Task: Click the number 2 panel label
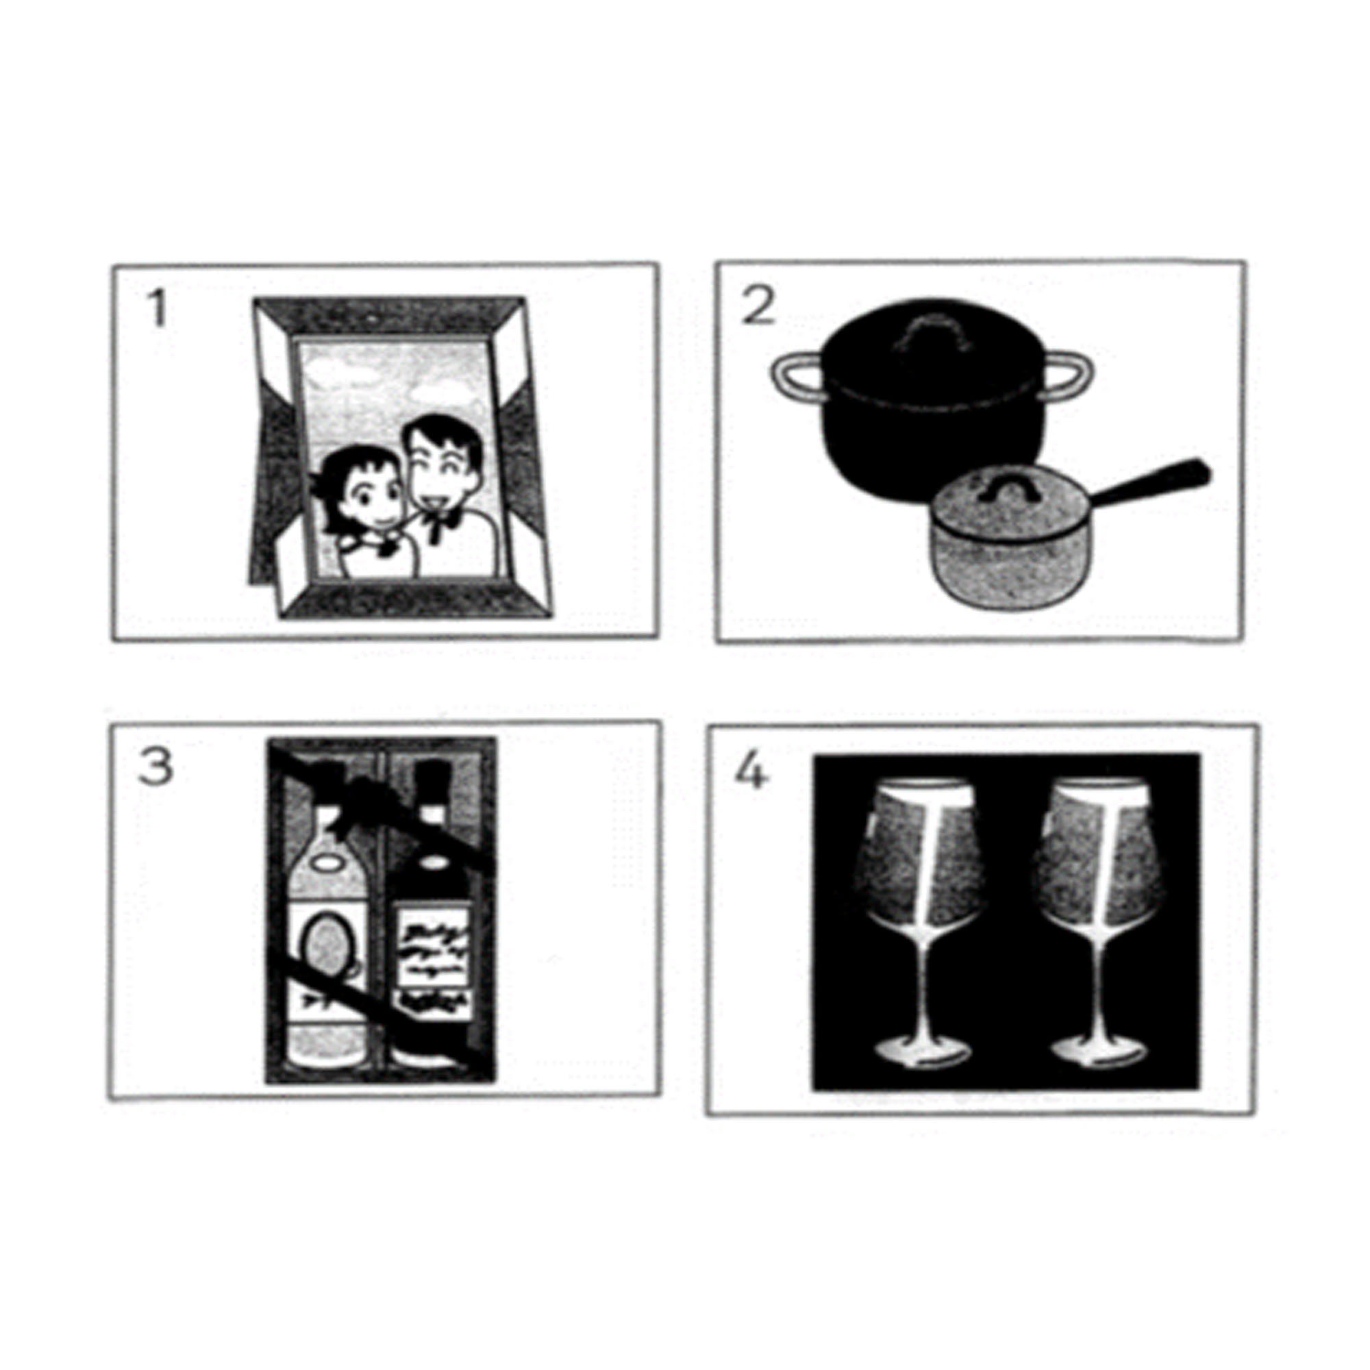pos(758,307)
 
